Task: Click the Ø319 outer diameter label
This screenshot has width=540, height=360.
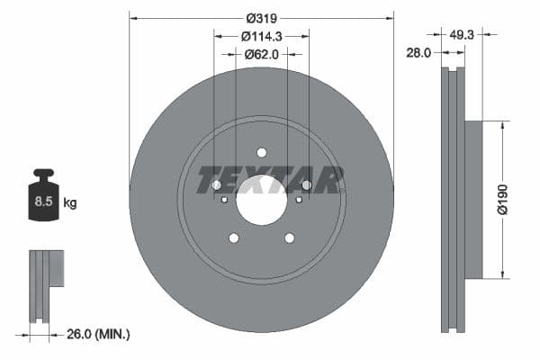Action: [x=262, y=16]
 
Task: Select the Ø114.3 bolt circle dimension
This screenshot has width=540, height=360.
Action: [x=262, y=36]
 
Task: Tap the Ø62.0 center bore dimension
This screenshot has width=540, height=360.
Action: [x=262, y=54]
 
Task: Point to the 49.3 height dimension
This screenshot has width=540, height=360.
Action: [x=462, y=34]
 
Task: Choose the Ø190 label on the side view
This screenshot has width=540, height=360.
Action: [x=504, y=198]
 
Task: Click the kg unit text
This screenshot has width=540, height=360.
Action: [x=70, y=203]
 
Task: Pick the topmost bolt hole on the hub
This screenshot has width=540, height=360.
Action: [x=262, y=152]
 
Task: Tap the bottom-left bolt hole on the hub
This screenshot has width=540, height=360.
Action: [x=234, y=238]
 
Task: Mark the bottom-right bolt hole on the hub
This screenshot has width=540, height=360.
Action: [x=290, y=238]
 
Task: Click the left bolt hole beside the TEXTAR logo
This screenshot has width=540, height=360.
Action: [x=216, y=185]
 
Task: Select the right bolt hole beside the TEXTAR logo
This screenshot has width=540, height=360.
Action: [x=307, y=185]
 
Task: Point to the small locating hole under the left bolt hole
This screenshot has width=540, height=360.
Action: [x=224, y=199]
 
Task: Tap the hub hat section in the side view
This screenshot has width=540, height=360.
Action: [x=473, y=198]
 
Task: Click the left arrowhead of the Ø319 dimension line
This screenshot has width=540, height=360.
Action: [x=132, y=16]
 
